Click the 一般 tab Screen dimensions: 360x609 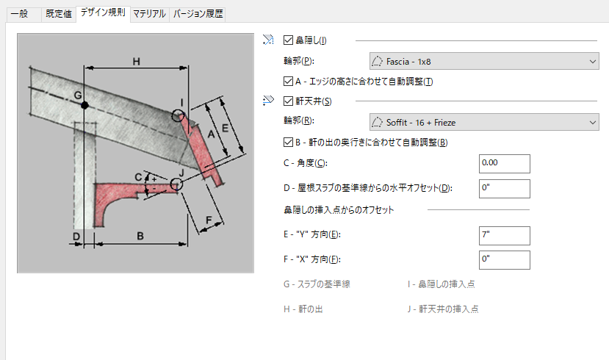pos(20,13)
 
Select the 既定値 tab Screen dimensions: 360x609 pos(59,13)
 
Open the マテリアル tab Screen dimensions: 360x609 pos(149,13)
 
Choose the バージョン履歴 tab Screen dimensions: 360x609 pos(197,13)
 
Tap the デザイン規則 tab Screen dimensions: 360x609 pos(102,13)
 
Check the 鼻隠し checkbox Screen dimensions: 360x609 pos(288,40)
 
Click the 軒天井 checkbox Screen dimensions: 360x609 pos(288,101)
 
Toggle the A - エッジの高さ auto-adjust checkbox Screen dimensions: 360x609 pos(288,82)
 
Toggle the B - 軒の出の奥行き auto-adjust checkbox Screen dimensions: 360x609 pos(288,142)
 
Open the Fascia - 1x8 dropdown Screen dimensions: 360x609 pos(484,61)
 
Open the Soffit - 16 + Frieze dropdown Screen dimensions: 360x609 pos(484,121)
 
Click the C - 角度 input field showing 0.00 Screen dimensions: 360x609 pos(503,163)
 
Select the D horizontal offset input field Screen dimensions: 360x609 pos(503,188)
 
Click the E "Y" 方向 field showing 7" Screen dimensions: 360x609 pos(503,235)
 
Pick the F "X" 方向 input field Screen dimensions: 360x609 pos(503,259)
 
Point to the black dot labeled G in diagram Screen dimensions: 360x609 pos(85,106)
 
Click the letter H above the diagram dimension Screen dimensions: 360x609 pos(136,62)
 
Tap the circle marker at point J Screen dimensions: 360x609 pos(176,184)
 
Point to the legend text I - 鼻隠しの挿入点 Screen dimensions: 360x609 pos(447,284)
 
